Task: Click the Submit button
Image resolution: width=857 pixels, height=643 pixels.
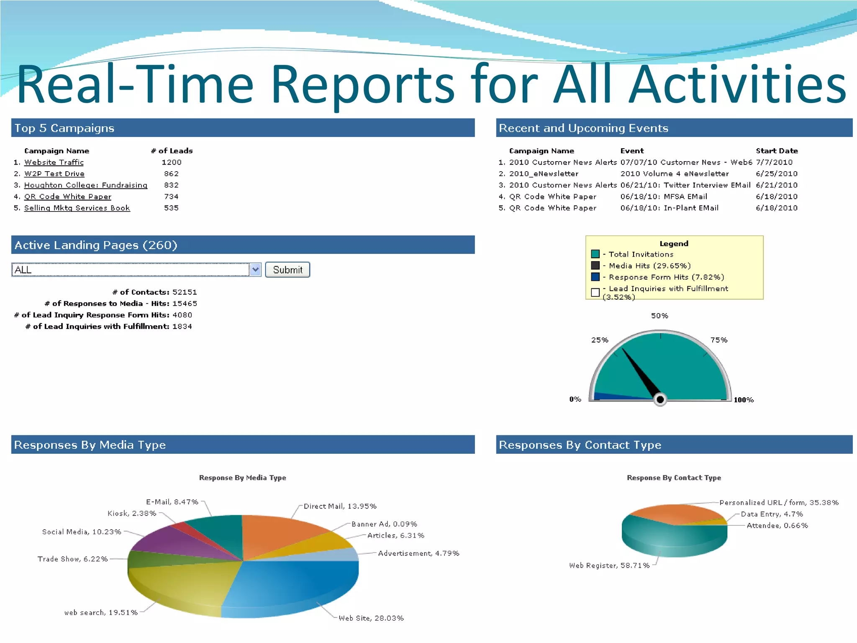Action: (287, 270)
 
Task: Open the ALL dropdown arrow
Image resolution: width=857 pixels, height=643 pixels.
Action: (255, 270)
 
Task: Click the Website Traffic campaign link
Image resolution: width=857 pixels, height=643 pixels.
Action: (54, 162)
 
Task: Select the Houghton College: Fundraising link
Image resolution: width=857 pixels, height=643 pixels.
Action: (86, 185)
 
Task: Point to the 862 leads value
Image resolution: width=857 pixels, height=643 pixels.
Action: (171, 174)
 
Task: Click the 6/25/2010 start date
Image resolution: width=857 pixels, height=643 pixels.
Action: (776, 174)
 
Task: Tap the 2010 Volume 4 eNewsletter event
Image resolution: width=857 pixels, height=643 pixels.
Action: (675, 174)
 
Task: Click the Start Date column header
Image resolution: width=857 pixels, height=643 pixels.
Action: (777, 151)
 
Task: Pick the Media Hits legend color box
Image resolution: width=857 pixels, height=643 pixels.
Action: (595, 265)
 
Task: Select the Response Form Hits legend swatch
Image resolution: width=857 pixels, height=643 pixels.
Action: (595, 277)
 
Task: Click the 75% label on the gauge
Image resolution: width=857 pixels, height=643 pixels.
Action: (719, 340)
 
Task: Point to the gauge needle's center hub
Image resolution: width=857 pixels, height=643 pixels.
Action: (660, 400)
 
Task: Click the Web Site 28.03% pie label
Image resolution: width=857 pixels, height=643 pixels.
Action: (371, 618)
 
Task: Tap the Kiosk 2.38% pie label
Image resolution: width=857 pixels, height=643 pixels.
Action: (132, 514)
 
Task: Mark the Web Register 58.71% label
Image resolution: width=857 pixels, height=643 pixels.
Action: (609, 566)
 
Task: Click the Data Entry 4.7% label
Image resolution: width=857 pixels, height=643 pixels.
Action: (772, 514)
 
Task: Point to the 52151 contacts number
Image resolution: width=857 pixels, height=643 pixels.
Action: (185, 292)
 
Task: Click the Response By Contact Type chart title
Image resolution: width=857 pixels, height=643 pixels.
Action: (674, 478)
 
